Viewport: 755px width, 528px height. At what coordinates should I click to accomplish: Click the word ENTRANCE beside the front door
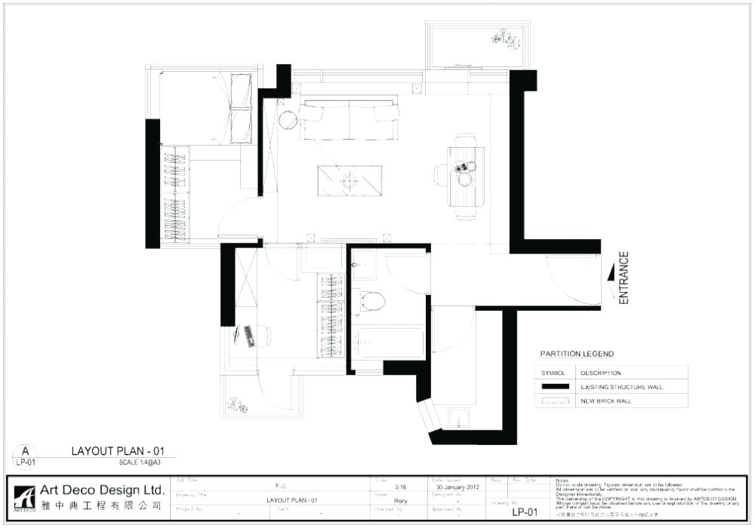pos(624,278)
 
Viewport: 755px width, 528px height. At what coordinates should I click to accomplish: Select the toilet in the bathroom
pos(371,302)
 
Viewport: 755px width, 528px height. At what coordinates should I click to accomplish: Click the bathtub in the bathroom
pos(390,342)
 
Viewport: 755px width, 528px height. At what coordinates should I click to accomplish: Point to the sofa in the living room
pos(349,119)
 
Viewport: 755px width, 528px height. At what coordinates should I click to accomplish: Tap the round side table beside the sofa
pos(288,120)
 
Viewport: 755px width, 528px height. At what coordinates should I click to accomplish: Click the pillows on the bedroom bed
pos(241,108)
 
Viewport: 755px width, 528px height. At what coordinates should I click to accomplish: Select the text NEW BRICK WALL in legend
pos(606,401)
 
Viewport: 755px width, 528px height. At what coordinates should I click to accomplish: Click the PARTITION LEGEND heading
pos(577,354)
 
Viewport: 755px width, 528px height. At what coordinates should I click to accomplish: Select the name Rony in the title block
pos(401,500)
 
